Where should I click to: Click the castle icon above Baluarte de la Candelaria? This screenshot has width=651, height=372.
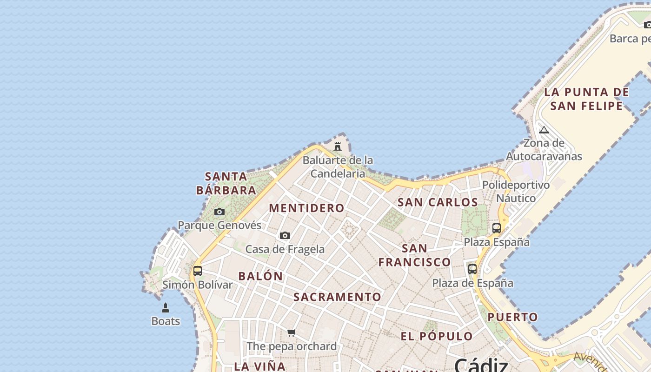tap(338, 146)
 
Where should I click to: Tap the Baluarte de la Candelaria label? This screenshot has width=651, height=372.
tap(338, 167)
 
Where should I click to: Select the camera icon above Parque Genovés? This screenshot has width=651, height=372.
tap(219, 212)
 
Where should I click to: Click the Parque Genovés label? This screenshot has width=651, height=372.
tap(219, 226)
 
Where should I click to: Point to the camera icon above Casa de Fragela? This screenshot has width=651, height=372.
tap(285, 236)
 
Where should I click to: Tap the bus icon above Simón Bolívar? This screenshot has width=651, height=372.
tap(198, 271)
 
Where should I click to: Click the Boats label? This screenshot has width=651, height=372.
tap(166, 321)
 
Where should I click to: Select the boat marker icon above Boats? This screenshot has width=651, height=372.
tap(166, 307)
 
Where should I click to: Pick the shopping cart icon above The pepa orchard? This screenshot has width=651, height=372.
tap(292, 332)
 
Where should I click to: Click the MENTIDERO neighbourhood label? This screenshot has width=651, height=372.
tap(306, 208)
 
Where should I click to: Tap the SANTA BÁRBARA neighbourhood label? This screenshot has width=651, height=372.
tap(226, 183)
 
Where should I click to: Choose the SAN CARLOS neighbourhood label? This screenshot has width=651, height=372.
tap(438, 202)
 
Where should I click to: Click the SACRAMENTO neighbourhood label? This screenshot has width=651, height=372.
tap(337, 297)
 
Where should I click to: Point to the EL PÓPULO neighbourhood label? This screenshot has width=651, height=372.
tap(437, 336)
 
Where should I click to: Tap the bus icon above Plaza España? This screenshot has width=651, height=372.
tap(497, 228)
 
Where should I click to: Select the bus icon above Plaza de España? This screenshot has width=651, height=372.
tap(472, 269)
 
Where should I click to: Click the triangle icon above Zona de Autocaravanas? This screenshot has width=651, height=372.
tap(544, 130)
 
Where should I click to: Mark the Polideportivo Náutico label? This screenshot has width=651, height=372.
tap(516, 192)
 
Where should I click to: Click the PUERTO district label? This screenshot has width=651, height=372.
tap(512, 317)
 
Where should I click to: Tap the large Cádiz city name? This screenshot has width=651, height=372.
tap(481, 365)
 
